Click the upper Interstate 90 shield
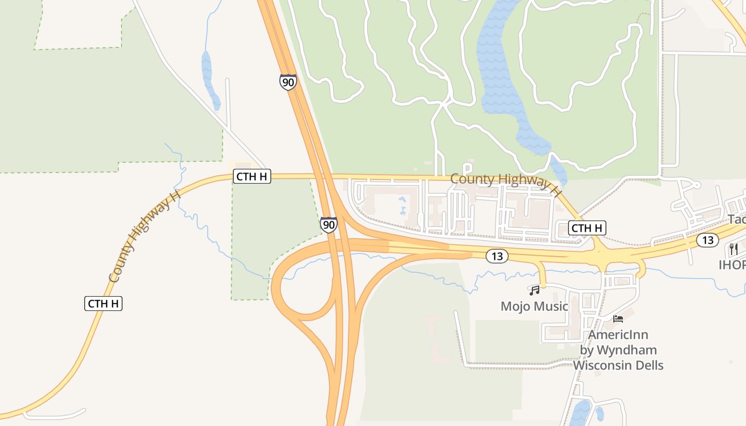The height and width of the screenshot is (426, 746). click(x=288, y=82)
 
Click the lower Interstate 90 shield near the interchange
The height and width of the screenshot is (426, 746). click(x=329, y=225)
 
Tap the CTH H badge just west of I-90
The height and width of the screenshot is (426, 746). click(x=252, y=176)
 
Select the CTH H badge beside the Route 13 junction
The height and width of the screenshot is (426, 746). click(x=587, y=228)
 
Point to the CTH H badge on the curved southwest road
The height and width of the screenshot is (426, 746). click(x=103, y=304)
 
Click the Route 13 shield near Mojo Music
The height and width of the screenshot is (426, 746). click(x=497, y=256)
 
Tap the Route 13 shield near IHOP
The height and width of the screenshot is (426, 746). click(x=707, y=240)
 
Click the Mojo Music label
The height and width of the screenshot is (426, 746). click(x=534, y=306)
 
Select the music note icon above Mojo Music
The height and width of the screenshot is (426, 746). click(x=534, y=290)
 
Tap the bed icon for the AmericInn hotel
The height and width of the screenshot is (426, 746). click(x=618, y=319)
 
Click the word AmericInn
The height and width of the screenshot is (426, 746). click(x=618, y=335)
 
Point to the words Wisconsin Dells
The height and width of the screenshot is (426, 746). click(x=618, y=365)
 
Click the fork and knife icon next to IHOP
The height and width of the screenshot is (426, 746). click(x=734, y=249)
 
